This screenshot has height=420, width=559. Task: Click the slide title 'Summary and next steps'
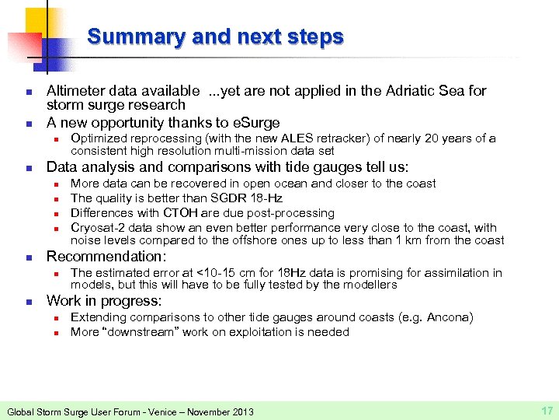click(215, 37)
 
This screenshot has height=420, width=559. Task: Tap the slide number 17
click(545, 410)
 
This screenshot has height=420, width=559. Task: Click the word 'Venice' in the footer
click(155, 411)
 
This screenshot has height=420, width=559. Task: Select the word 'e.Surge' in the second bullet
click(253, 122)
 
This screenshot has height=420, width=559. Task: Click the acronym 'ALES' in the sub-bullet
click(298, 138)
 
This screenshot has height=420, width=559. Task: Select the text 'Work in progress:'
click(104, 300)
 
